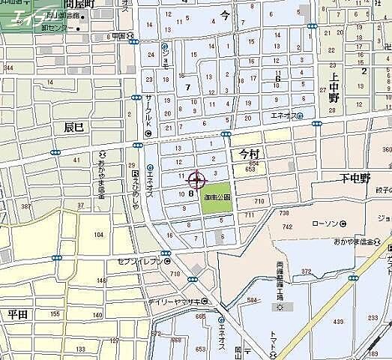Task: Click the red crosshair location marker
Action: coord(196,180)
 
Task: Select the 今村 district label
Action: coord(248,152)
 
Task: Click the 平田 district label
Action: coord(16,313)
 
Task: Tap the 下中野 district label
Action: coord(355,178)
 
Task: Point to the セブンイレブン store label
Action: coord(139,262)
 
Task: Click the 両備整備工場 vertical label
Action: coord(278,283)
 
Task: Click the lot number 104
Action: coord(97,235)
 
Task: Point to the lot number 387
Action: coord(26,206)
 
